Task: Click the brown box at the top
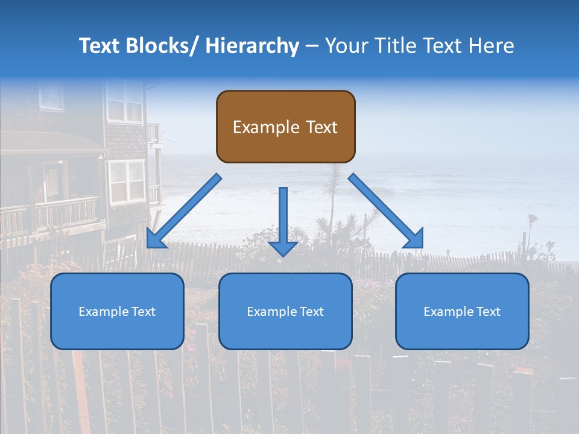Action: pos(285,127)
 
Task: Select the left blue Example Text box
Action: pos(117,311)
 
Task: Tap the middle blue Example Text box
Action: pos(285,311)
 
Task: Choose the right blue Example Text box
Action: pos(462,311)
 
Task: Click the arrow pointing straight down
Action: pos(283,221)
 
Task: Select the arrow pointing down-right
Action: pos(386,211)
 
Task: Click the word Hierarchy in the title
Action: pos(252,46)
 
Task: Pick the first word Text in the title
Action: pos(100,46)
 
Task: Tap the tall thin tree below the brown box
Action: pos(333,199)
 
